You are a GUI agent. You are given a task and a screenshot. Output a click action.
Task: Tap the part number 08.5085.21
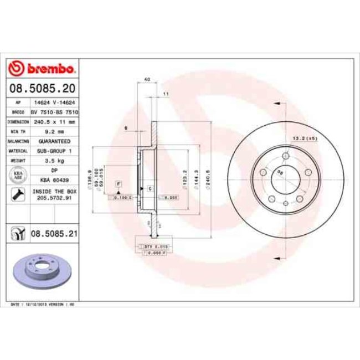[x=54, y=234]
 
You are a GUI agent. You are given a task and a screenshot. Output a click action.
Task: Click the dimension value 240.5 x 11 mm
[x=54, y=121]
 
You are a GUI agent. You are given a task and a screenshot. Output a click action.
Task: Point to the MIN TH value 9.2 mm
[x=54, y=131]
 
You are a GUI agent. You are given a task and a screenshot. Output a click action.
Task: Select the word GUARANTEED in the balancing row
[x=54, y=141]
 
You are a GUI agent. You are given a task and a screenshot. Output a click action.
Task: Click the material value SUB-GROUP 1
[x=54, y=150]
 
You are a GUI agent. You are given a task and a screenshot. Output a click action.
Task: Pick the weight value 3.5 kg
[x=54, y=160]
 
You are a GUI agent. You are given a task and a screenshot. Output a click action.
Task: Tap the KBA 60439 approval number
[x=54, y=180]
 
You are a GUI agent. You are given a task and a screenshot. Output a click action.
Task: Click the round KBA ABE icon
[x=17, y=175]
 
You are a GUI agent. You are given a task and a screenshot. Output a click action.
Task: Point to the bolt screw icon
[x=17, y=194]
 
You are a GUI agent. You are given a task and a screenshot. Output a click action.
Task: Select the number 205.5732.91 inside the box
[x=54, y=197]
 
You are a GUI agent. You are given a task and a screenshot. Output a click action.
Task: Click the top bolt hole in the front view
[x=285, y=156]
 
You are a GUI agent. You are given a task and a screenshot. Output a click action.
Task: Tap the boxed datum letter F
[x=118, y=183]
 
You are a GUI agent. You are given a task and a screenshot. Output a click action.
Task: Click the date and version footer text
[x=43, y=305]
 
